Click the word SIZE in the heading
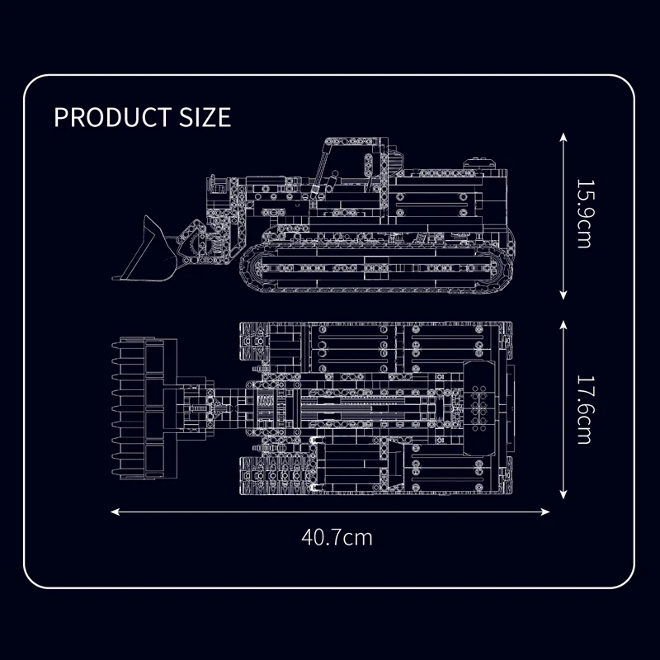(x=205, y=117)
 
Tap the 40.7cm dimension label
(x=337, y=538)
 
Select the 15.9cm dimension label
(x=584, y=214)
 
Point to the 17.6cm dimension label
(x=584, y=409)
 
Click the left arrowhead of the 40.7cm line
(x=115, y=511)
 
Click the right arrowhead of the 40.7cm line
(x=545, y=511)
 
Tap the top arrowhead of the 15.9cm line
(x=563, y=137)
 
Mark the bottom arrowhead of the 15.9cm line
(x=563, y=295)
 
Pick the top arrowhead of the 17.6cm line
(x=563, y=325)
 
